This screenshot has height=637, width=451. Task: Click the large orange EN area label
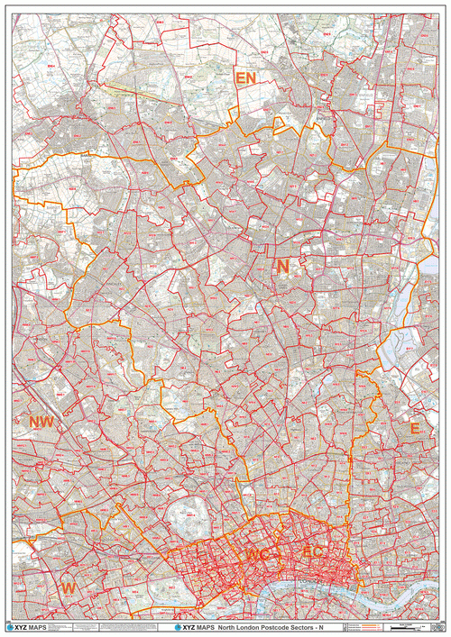245,78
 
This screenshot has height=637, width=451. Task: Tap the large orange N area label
282,267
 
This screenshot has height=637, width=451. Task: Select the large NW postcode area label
41,422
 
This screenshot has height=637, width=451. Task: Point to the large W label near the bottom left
68,587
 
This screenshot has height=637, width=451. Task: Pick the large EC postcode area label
312,551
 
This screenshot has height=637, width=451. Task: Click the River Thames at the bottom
307,590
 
